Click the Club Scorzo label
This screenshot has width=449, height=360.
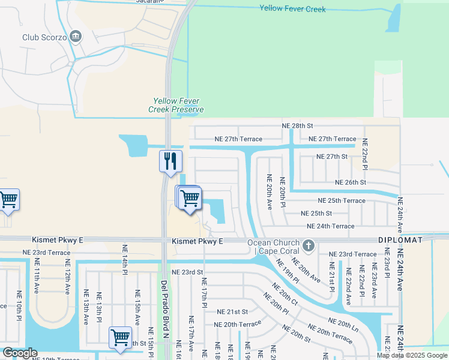(44, 37)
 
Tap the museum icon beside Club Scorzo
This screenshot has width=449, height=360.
(75, 37)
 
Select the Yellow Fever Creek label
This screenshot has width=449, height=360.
(292, 8)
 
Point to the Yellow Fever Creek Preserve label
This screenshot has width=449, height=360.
(176, 105)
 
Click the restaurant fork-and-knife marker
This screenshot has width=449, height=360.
(170, 161)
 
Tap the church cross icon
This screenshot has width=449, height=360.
(309, 245)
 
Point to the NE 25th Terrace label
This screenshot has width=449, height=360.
(342, 200)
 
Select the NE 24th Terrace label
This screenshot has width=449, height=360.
(330, 226)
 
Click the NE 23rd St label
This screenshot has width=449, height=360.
(187, 272)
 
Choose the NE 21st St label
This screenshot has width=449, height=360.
(232, 312)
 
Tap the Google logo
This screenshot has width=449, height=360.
(20, 353)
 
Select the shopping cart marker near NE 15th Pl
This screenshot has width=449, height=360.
(120, 337)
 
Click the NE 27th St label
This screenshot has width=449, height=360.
(332, 157)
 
